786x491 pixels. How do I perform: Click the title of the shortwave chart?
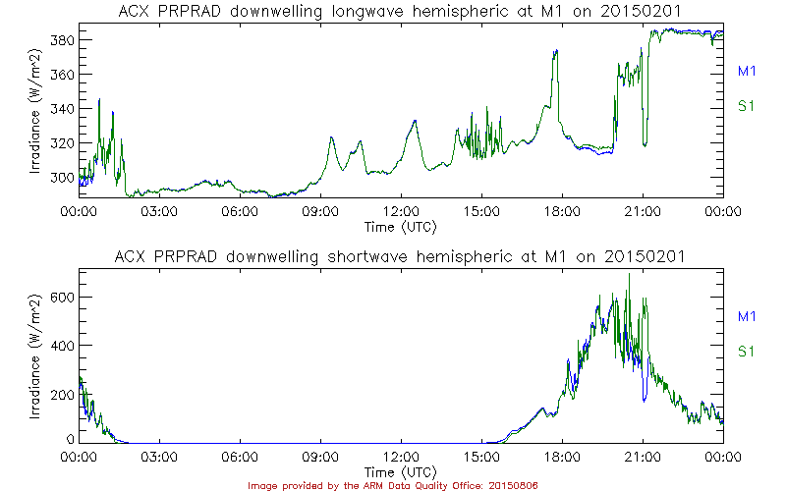click(x=401, y=256)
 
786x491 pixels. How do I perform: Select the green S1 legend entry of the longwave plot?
click(x=746, y=106)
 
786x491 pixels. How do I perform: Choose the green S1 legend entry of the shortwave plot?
click(x=746, y=351)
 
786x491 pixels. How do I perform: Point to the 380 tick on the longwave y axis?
click(x=62, y=40)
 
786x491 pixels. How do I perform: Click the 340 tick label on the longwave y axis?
click(x=62, y=109)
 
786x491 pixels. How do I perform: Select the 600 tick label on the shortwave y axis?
click(x=62, y=297)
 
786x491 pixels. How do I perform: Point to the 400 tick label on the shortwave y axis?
click(x=62, y=346)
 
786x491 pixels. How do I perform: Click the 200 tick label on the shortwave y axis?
click(x=62, y=394)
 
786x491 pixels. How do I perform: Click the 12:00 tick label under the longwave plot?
click(x=401, y=211)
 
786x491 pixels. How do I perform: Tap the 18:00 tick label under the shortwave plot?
click(x=562, y=458)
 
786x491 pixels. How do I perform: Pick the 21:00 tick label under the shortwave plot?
click(x=643, y=458)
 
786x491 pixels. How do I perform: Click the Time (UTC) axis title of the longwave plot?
click(x=401, y=226)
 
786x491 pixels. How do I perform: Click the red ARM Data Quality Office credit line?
click(x=393, y=485)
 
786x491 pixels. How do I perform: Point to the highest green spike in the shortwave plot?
click(x=629, y=275)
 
